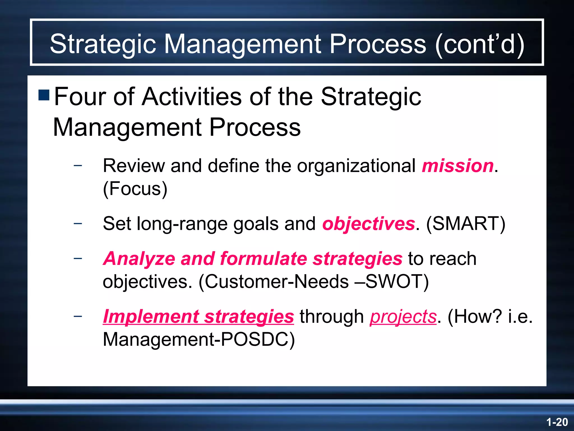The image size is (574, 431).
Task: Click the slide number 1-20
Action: [557, 422]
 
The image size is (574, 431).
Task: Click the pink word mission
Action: [457, 166]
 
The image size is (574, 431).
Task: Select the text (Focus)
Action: [135, 189]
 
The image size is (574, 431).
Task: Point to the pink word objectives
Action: [368, 224]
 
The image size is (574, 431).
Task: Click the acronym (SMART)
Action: [466, 224]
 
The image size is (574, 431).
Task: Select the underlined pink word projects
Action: [403, 317]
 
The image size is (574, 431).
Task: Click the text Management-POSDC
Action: [198, 340]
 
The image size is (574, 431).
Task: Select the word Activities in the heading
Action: [192, 97]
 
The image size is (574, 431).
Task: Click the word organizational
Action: [356, 166]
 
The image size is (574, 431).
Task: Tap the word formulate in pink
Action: [263, 258]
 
